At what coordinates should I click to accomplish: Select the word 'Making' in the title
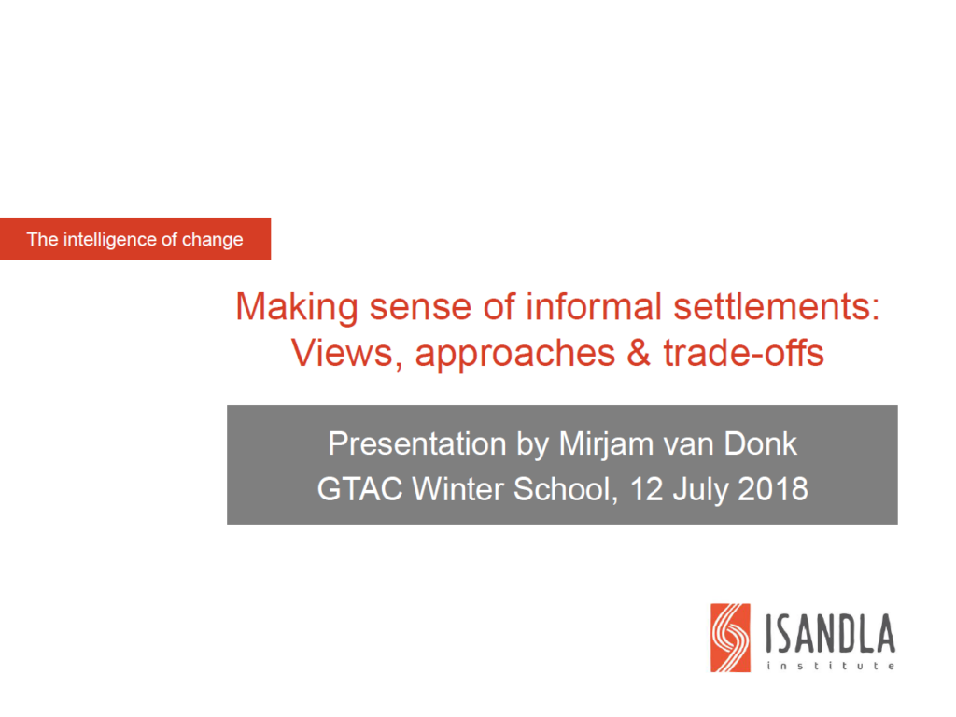click(x=297, y=307)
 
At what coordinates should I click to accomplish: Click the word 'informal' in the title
click(x=593, y=306)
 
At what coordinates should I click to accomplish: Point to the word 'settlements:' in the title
click(x=777, y=306)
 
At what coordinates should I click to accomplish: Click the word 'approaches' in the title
click(x=515, y=355)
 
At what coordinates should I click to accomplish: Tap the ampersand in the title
click(x=639, y=353)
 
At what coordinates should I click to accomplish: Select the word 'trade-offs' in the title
click(x=744, y=353)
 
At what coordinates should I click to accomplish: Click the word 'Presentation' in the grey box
click(x=417, y=443)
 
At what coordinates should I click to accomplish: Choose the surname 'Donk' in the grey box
click(x=760, y=443)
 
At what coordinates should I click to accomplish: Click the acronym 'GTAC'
click(x=359, y=489)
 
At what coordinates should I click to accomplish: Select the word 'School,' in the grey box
click(x=566, y=490)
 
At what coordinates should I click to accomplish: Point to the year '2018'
click(x=773, y=489)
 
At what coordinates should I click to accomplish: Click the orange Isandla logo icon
click(x=730, y=638)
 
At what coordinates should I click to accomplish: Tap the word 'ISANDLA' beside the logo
click(x=830, y=634)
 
